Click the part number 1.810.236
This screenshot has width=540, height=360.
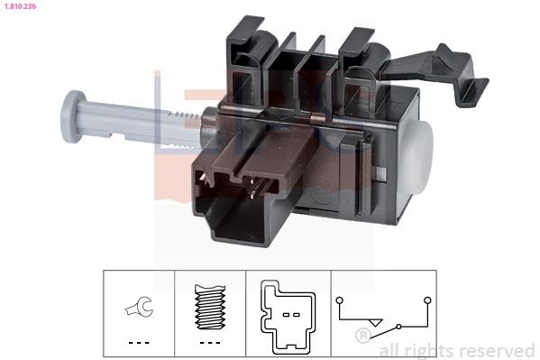22,7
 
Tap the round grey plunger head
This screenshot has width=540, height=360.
70,115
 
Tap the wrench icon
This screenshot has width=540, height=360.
137,309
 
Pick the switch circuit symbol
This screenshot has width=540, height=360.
382,312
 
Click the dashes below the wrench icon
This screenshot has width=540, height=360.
137,343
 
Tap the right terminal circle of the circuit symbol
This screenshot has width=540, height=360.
427,298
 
